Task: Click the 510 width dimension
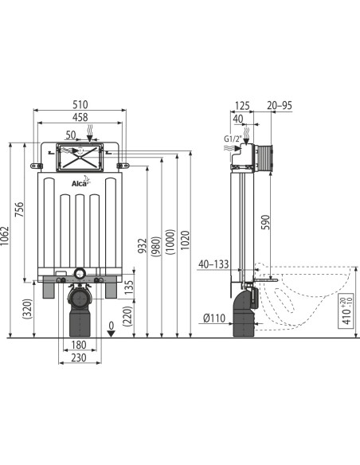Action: coord(80,104)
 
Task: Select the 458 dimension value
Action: coord(80,118)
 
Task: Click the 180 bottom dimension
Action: coord(77,345)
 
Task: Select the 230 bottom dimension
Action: coord(77,358)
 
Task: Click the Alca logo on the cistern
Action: coord(80,185)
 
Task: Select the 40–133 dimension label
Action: coord(214,264)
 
